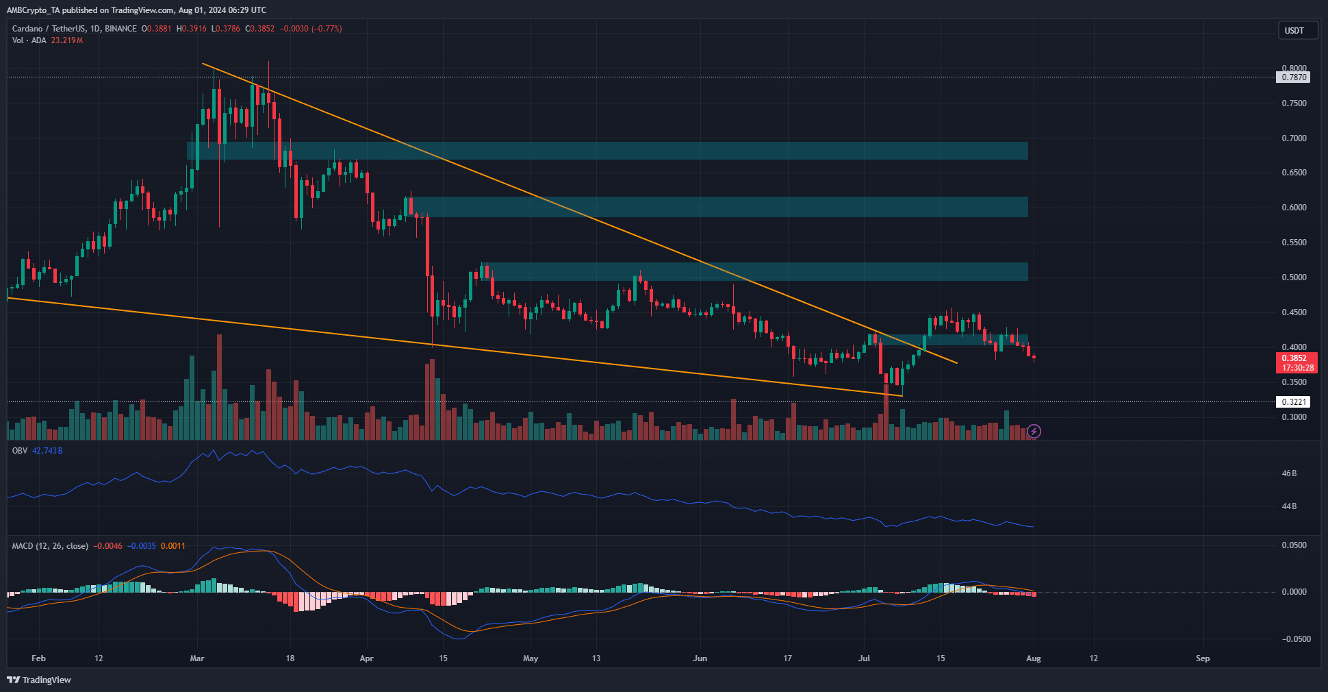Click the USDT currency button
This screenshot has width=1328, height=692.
tap(1297, 31)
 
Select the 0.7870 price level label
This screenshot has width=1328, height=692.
tap(1294, 77)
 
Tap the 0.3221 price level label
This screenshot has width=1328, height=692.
tap(1294, 402)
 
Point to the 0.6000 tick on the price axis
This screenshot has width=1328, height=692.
tap(1294, 208)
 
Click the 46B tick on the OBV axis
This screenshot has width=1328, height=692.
tap(1289, 473)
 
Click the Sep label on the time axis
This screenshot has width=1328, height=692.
tap(1203, 658)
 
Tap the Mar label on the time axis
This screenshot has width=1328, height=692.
tap(197, 658)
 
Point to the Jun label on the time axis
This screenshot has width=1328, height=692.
tap(700, 658)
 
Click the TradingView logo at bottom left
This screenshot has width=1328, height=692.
tap(39, 680)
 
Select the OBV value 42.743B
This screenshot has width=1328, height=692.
tap(48, 451)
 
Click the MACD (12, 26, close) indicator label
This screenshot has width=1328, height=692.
tap(50, 546)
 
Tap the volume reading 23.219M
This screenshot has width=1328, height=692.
tap(67, 40)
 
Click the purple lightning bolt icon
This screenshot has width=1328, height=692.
tap(1034, 431)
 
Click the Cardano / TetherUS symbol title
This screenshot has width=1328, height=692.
tap(50, 29)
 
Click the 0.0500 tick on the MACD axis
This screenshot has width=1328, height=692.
tap(1294, 545)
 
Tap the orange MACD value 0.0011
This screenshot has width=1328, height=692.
tap(173, 546)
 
